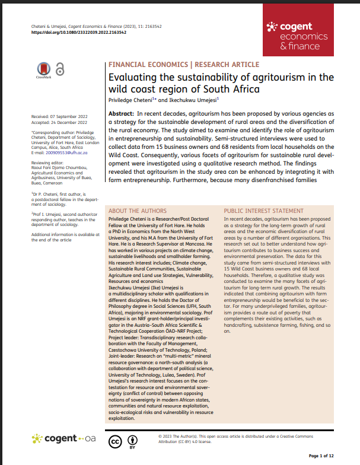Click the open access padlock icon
pyautogui.click(x=60, y=69)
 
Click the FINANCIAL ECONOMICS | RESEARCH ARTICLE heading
pyautogui.click(x=183, y=64)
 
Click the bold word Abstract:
pyautogui.click(x=122, y=113)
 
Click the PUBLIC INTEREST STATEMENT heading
pyautogui.click(x=263, y=211)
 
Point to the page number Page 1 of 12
pyautogui.click(x=322, y=456)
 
